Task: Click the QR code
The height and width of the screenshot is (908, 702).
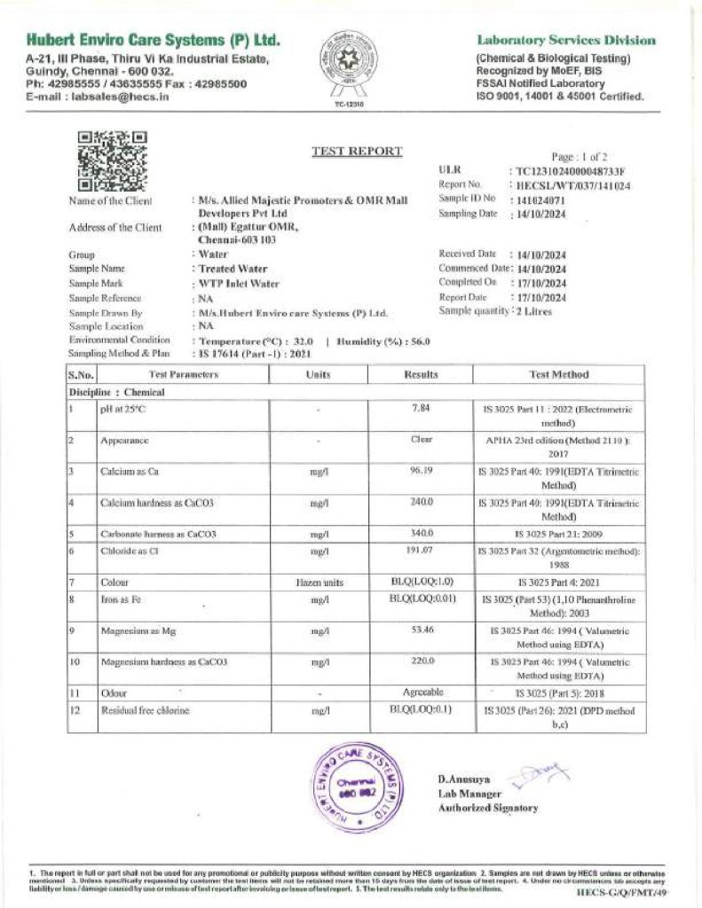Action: pos(112,160)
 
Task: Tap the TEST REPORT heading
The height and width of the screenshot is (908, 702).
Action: pos(357,151)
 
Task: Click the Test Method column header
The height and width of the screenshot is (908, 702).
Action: pos(558,375)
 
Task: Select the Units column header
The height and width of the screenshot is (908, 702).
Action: pos(318,375)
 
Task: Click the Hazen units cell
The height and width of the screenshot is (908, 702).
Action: pos(318,583)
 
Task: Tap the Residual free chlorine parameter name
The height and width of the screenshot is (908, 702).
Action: pos(145,710)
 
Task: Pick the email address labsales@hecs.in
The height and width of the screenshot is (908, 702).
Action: pos(119,96)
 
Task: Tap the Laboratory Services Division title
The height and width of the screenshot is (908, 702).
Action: pos(566,40)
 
